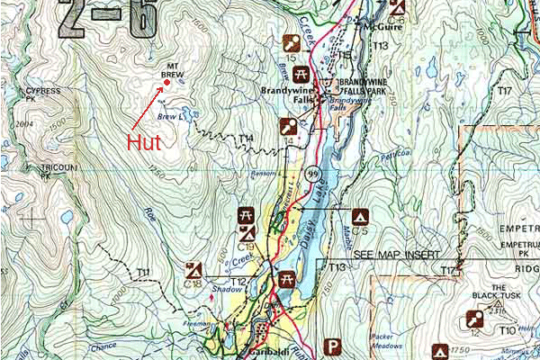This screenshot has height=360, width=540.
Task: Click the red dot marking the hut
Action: [x=166, y=84]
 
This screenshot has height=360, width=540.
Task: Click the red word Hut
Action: [x=144, y=142]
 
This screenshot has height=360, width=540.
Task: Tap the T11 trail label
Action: [x=142, y=272]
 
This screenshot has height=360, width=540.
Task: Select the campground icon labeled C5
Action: [x=360, y=217]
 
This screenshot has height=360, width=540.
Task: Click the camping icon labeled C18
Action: [x=192, y=269]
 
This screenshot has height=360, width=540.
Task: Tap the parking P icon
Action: [x=334, y=346]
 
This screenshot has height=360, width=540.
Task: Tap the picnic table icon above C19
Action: [x=245, y=217]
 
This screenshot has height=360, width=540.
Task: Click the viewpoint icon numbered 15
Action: [x=291, y=43]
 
